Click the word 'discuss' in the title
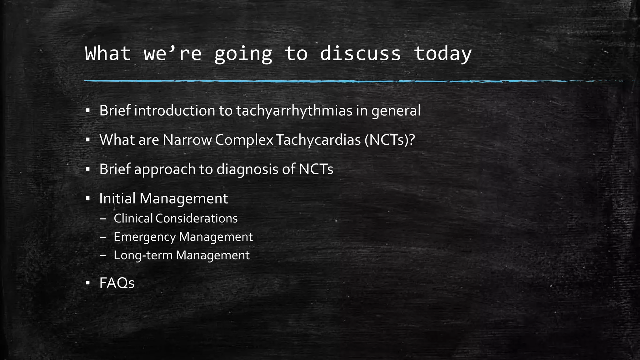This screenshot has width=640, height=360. (360, 54)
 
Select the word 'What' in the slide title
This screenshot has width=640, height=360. (108, 54)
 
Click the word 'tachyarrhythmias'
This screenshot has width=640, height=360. (294, 111)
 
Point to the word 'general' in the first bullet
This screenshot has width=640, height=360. (396, 111)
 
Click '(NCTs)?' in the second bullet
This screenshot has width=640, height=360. (389, 140)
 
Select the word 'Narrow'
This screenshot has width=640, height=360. (187, 140)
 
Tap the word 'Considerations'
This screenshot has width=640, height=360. (196, 218)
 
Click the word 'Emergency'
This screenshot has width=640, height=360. (144, 237)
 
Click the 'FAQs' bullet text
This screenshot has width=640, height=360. (117, 283)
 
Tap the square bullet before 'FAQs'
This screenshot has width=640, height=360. (87, 283)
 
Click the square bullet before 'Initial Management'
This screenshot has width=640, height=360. (87, 198)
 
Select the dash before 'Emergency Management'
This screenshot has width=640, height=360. (103, 237)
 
